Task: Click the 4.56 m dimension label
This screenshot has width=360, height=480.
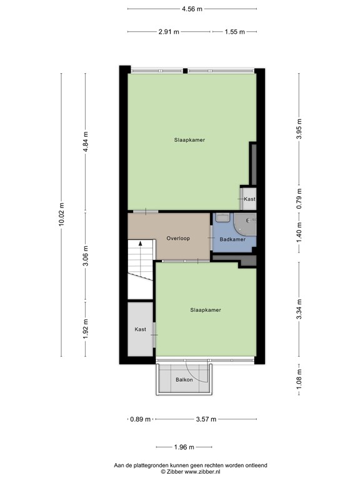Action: click(x=192, y=9)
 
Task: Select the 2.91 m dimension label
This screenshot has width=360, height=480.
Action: click(x=169, y=31)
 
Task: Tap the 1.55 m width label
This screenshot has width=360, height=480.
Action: click(x=235, y=31)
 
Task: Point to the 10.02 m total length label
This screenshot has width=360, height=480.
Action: click(x=61, y=215)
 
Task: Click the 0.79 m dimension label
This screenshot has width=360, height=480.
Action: click(x=299, y=198)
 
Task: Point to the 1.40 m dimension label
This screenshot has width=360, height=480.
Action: click(x=299, y=232)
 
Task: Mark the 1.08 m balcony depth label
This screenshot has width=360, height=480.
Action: click(x=299, y=378)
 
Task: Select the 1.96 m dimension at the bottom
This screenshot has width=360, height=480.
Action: click(x=184, y=447)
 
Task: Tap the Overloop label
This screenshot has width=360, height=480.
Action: click(x=178, y=238)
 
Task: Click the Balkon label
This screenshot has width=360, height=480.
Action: click(x=184, y=379)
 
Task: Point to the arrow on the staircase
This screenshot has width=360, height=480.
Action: click(x=141, y=244)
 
